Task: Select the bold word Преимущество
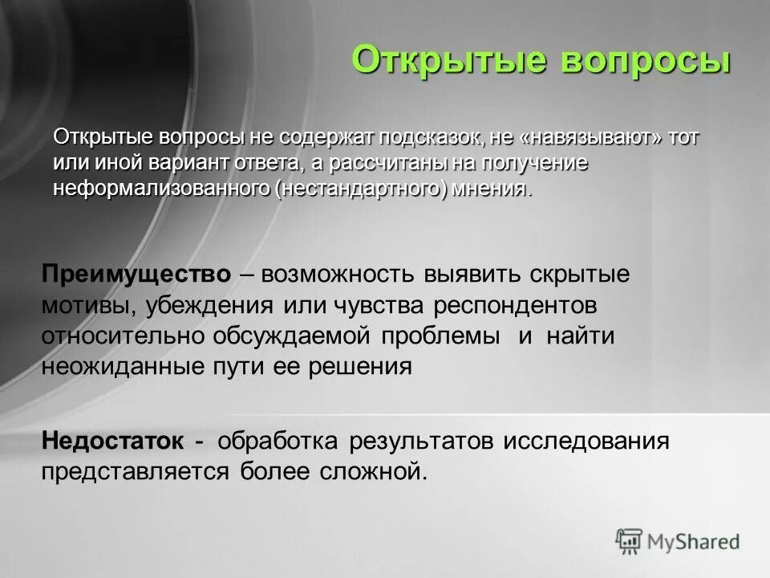pos(136,274)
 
